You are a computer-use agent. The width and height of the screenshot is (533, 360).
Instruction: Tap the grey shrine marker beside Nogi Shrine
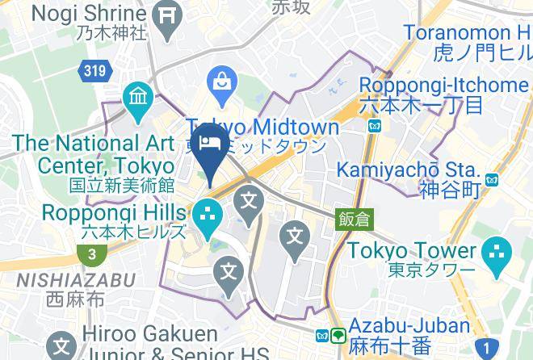(x=168, y=17)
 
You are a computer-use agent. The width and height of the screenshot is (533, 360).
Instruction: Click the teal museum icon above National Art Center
(x=139, y=99)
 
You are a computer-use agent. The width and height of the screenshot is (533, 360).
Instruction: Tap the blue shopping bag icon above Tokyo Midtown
(x=219, y=82)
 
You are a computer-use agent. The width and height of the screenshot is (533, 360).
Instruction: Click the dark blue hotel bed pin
(x=211, y=144)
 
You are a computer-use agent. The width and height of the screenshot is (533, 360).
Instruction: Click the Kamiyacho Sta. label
(x=408, y=170)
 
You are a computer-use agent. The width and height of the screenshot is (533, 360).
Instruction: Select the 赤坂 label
(x=291, y=7)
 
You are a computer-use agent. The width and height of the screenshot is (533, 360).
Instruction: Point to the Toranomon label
(x=464, y=34)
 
